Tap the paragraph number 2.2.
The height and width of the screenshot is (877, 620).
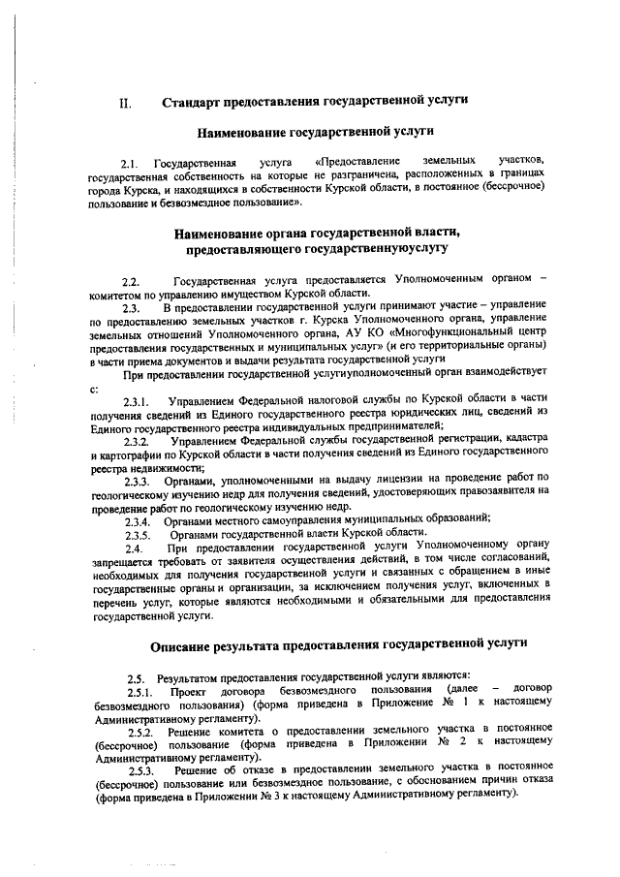131,280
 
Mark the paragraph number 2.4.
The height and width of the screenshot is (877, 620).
133,548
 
